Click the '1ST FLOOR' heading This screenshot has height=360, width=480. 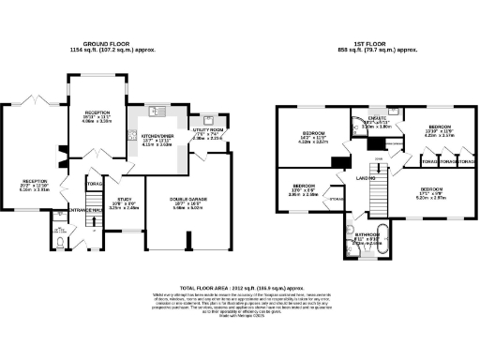(x=372, y=43)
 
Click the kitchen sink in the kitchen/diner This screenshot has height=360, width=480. (x=162, y=112)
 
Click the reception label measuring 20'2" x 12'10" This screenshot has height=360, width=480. (x=35, y=184)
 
